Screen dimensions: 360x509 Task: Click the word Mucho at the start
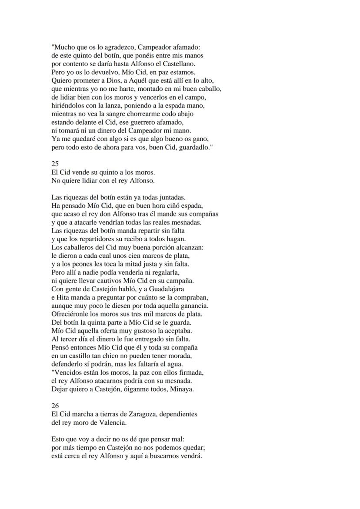[x=64, y=47]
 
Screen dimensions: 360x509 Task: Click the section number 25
[x=55, y=164]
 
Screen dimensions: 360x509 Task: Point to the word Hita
[x=63, y=297]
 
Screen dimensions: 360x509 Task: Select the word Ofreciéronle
[x=71, y=314]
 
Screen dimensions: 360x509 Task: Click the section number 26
[x=55, y=405]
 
